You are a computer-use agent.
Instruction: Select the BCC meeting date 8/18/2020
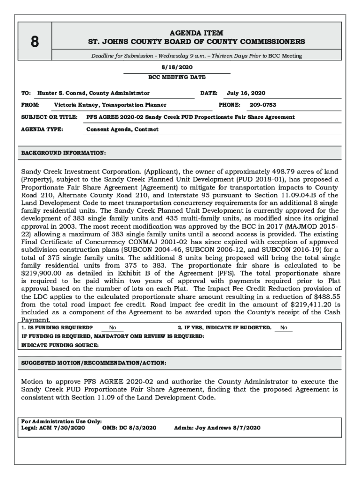[177, 67]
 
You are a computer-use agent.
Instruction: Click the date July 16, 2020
[246, 93]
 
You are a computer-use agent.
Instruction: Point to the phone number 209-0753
[263, 105]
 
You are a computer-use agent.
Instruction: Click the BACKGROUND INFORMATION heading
[64, 153]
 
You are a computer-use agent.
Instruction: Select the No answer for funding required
[113, 328]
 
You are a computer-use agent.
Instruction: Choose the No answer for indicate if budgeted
[284, 328]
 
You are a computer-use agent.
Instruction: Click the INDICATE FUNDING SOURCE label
[60, 345]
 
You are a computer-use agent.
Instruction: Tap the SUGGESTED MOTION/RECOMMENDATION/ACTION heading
[94, 363]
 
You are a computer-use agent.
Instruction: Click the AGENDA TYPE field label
[42, 129]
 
